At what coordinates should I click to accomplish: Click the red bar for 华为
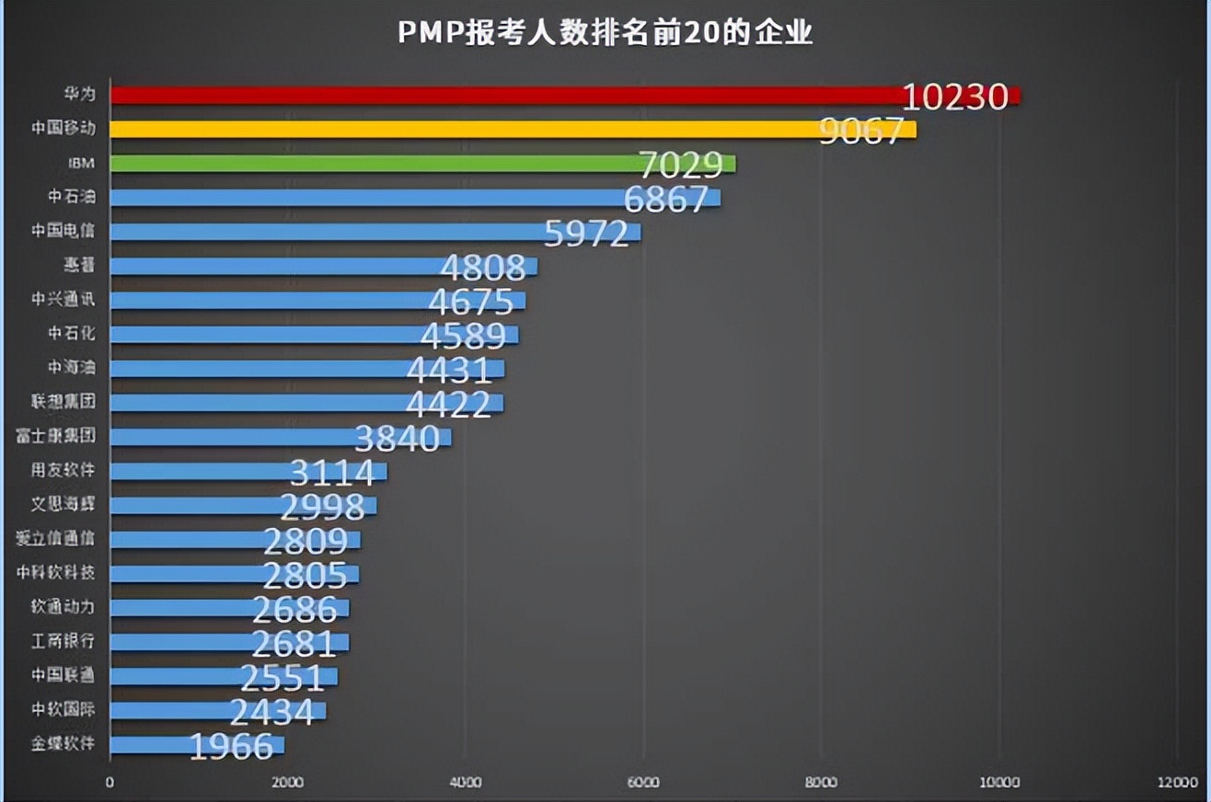(x=506, y=95)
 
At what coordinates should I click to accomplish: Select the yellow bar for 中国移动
(x=460, y=129)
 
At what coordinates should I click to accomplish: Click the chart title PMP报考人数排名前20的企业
(x=605, y=33)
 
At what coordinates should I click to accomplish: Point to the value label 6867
(x=666, y=199)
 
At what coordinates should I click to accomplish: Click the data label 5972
(x=586, y=233)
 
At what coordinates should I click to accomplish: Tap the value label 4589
(x=463, y=336)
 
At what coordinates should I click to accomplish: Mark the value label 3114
(x=332, y=473)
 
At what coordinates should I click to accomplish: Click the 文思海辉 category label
(x=63, y=505)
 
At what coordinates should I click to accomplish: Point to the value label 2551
(x=282, y=678)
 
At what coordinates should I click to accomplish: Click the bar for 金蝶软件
(x=147, y=744)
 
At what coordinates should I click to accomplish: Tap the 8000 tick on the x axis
(x=821, y=783)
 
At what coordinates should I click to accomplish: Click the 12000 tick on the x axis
(x=1178, y=783)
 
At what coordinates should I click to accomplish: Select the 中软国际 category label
(x=63, y=710)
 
